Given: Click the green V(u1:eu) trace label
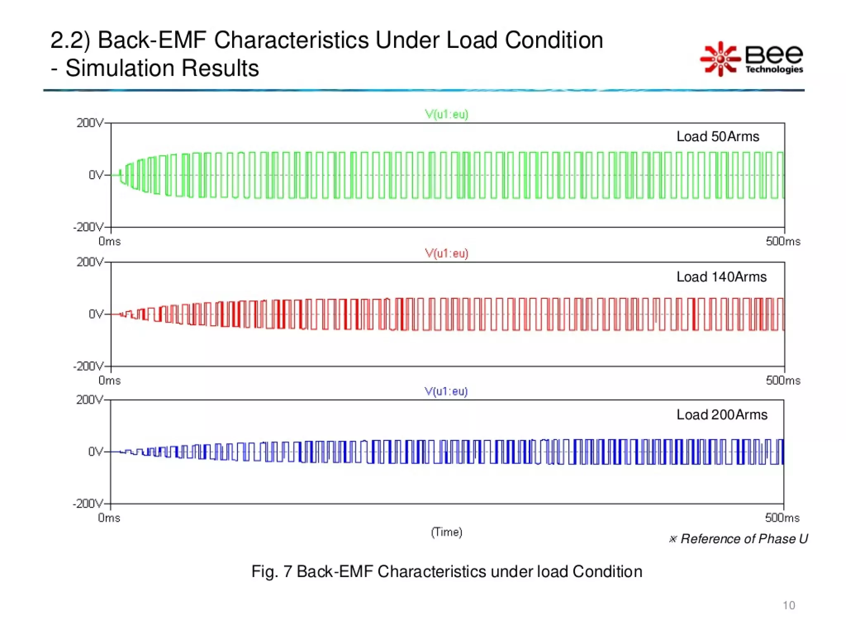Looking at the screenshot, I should (447, 114).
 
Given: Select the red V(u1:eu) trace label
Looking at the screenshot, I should (447, 253).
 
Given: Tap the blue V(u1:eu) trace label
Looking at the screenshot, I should (446, 391).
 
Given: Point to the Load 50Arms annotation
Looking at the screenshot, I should (718, 137).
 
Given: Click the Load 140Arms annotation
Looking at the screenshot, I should (721, 277).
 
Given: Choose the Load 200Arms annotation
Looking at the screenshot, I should (722, 414).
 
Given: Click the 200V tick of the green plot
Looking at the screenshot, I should (90, 123).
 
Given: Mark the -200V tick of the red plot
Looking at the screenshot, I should (88, 367).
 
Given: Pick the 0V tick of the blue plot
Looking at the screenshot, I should (95, 452).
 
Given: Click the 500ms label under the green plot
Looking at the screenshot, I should (783, 241).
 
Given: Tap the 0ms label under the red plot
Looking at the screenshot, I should (109, 381).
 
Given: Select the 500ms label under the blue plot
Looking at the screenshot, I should (782, 518).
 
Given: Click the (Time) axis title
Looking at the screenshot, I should (447, 532).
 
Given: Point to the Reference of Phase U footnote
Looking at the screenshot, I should (739, 539).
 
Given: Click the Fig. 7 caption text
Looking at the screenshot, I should (447, 572).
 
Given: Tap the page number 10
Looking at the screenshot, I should (789, 605).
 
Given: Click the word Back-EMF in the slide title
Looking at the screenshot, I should (152, 40).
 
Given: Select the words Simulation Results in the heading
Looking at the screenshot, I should (162, 68).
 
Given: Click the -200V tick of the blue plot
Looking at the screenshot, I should (88, 504).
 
